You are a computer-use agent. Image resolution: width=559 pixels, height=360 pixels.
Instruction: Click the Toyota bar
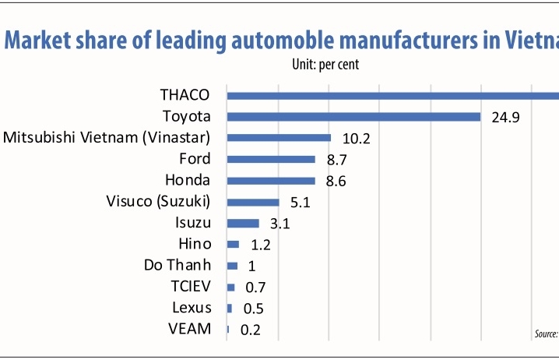click(x=353, y=117)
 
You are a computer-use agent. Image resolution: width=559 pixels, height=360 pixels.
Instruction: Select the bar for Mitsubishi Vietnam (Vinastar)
click(x=279, y=138)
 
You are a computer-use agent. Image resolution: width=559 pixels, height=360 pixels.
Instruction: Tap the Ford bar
click(x=271, y=159)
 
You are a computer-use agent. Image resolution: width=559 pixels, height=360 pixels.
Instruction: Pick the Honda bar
click(x=271, y=181)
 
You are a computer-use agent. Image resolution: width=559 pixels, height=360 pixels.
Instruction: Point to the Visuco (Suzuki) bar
click(x=253, y=202)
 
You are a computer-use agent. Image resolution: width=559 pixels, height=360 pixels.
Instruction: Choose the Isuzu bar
click(x=243, y=223)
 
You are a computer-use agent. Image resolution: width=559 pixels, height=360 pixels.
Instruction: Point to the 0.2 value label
click(x=250, y=330)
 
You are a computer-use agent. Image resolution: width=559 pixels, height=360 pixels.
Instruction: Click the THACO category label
click(x=185, y=95)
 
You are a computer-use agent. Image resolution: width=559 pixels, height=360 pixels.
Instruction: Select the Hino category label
click(x=195, y=244)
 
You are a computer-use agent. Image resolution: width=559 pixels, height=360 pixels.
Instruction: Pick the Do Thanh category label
click(x=178, y=265)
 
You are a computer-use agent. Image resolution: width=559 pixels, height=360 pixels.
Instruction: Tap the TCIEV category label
click(x=191, y=286)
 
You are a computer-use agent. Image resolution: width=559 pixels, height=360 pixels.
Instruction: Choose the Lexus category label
click(x=192, y=307)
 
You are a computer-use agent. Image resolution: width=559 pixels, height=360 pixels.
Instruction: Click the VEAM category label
click(x=190, y=328)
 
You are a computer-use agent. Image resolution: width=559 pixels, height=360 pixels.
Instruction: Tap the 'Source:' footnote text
click(x=546, y=334)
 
